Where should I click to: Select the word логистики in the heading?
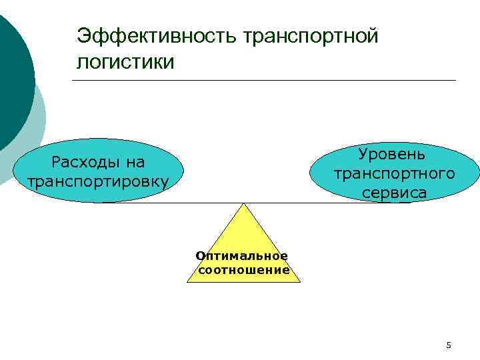[x=126, y=62]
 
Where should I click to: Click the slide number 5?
[x=449, y=345]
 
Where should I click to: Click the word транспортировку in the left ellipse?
[x=97, y=181]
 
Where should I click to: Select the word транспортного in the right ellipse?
[x=395, y=174]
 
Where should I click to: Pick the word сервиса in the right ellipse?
[x=395, y=193]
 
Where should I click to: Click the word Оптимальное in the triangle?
[x=242, y=256]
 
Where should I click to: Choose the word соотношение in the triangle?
[x=244, y=270]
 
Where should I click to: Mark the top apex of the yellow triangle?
[x=244, y=203]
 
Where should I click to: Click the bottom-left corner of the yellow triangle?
[x=188, y=281]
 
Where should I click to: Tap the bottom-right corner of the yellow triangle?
[x=300, y=281]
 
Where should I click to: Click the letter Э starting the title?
[x=83, y=35]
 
